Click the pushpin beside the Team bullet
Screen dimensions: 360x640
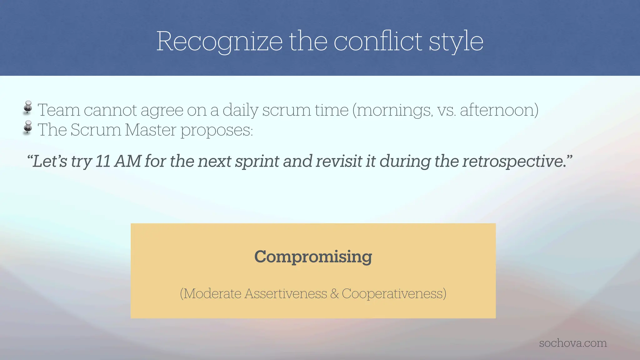point(28,107)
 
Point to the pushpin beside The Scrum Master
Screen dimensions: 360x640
point(28,127)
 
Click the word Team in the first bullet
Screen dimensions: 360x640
point(59,110)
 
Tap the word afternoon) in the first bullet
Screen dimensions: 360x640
point(499,110)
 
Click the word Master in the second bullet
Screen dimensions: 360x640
point(150,130)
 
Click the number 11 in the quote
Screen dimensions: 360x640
point(103,161)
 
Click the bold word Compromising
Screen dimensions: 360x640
point(313,257)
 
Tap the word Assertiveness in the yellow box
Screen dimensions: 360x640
point(286,294)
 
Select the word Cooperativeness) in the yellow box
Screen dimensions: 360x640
point(394,294)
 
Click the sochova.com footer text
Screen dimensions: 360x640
point(573,343)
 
